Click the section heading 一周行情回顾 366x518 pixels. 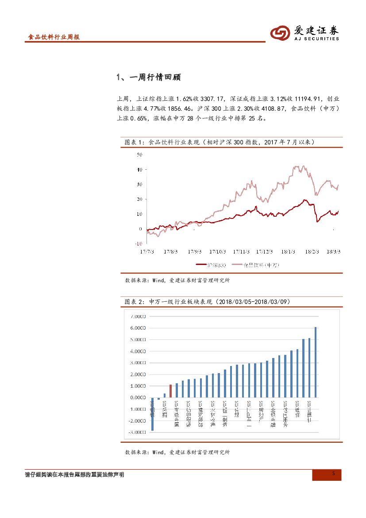pos(148,77)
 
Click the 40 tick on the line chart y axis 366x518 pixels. pos(139,170)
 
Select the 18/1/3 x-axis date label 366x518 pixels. pos(288,251)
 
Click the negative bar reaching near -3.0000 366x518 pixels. pos(152,414)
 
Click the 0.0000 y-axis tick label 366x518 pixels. pos(138,397)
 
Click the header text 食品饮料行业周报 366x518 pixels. pos(54,38)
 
